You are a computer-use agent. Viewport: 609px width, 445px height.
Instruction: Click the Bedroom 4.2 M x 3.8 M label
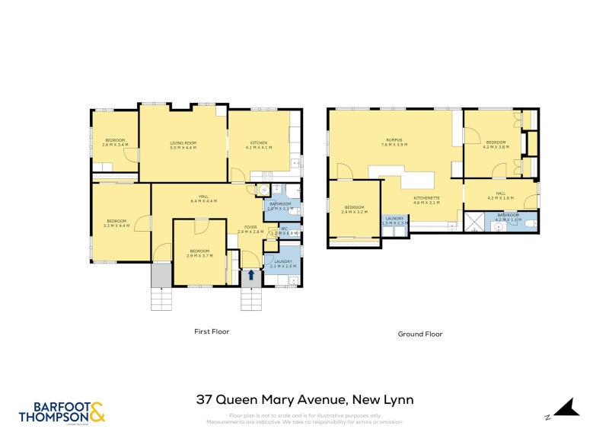[496, 144]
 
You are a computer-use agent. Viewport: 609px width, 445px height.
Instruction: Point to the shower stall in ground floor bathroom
[475, 222]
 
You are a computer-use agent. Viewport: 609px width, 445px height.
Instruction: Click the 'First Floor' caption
[211, 331]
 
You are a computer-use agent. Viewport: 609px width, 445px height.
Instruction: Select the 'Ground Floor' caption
[420, 334]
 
